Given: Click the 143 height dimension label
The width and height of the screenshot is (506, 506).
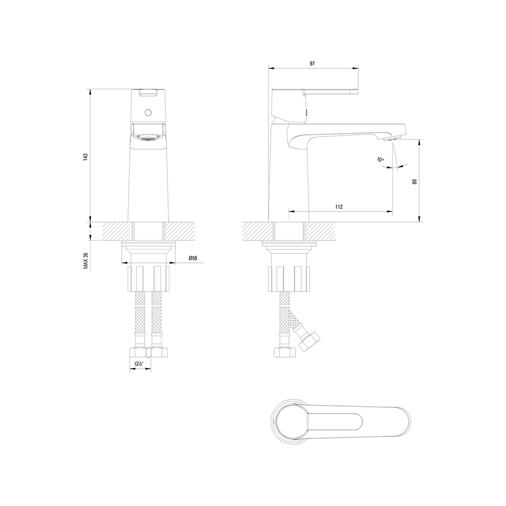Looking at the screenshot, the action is tap(86, 157).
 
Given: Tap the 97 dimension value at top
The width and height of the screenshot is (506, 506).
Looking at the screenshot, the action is tap(312, 64).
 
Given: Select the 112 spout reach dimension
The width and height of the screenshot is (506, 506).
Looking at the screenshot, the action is tap(339, 207).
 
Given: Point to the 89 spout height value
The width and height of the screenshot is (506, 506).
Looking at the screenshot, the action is tap(415, 182).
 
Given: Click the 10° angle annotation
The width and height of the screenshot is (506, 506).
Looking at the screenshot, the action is tap(381, 159).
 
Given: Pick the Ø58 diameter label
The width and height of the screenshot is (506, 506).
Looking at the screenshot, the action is tap(193, 258).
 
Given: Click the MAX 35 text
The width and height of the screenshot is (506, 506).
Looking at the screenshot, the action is tap(86, 261).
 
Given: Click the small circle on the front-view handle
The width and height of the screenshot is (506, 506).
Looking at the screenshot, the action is tap(148, 113).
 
